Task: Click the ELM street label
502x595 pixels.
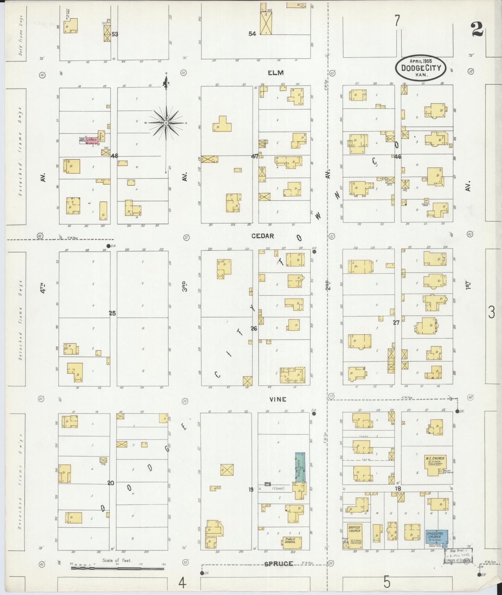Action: [x=276, y=73]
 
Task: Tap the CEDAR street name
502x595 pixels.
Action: [x=263, y=236]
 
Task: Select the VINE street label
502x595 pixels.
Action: [x=278, y=400]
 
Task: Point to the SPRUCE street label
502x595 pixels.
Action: [x=279, y=564]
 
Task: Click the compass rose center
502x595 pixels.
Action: [x=166, y=123]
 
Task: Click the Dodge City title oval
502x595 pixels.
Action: [x=420, y=68]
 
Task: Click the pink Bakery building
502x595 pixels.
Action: [x=92, y=140]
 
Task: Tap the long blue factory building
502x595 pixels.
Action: [x=299, y=467]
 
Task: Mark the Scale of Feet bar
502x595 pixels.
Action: [x=117, y=569]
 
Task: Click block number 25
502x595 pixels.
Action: [x=112, y=313]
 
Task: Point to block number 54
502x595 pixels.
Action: [x=252, y=34]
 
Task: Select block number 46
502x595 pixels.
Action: [x=398, y=157]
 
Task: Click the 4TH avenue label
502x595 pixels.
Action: [x=42, y=288]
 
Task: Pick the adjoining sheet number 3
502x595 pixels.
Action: [x=491, y=313]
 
